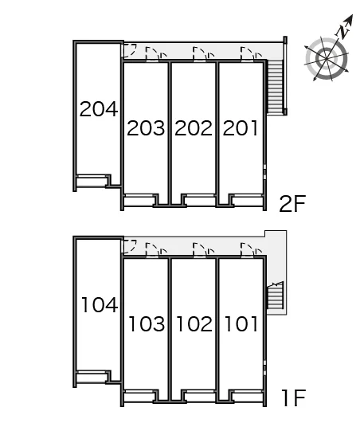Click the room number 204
pos(99,109)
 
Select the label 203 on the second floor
pos(146,128)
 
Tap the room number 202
pos(194,128)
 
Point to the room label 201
pos(240,128)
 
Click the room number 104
pos(100,305)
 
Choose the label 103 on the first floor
pos(147,323)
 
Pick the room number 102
pos(194,323)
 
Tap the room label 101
pos(241,323)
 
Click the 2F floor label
pos(292,204)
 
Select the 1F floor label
pos(293,398)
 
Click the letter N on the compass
pos(343,31)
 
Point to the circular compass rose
pos(327,59)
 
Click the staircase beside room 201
pos(275,87)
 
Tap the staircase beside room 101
pos(275,296)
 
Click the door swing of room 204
pos(130,51)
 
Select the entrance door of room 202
pos(200,53)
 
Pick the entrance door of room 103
pos(152,250)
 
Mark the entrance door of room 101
pos(247,250)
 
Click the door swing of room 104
pos(130,247)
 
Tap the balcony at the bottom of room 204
pos(91,182)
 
